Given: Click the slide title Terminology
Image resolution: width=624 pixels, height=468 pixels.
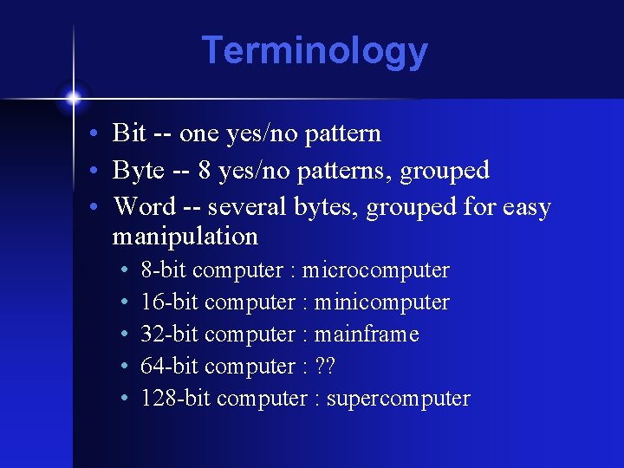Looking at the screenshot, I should click(x=315, y=50).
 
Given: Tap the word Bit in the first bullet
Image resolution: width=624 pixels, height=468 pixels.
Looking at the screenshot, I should click(x=129, y=133).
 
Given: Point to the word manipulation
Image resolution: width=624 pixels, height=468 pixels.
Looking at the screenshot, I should click(x=185, y=236).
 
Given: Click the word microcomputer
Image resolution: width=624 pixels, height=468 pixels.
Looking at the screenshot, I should click(x=375, y=270).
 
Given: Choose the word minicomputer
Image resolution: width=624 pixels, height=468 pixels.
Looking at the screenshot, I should click(x=381, y=302).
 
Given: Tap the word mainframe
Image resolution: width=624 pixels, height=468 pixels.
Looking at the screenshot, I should click(x=367, y=335).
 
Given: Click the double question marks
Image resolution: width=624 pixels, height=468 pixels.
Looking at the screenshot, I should click(x=324, y=367).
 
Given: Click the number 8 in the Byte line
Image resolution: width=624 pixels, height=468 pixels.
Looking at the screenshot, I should click(x=204, y=171).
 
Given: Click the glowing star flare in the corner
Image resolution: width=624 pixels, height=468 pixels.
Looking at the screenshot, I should click(x=73, y=97).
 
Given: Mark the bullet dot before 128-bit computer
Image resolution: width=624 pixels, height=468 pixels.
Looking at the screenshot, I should click(x=126, y=400).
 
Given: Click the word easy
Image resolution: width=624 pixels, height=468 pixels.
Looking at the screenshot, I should click(x=523, y=207).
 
